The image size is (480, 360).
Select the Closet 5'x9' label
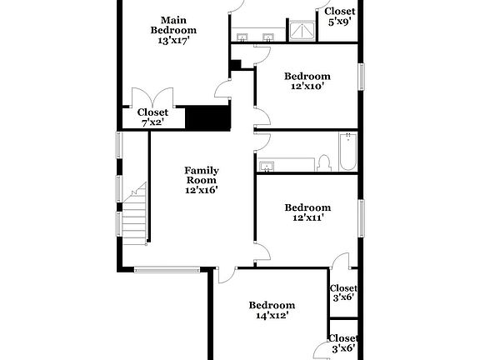coord(340,16)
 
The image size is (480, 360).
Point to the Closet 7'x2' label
coord(152,117)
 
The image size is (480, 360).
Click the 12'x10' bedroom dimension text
coord(307,86)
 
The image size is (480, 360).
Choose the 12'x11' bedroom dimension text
coord(307,217)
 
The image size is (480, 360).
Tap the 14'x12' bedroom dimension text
coord(272,316)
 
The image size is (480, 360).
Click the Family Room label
coord(201,175)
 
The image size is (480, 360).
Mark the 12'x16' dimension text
coord(201,190)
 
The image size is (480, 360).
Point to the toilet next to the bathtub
coord(324,162)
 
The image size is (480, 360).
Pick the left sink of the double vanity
coord(242,37)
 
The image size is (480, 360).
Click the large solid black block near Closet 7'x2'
coord(207,117)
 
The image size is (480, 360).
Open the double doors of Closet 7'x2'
coord(152,98)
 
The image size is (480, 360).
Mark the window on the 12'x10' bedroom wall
coord(361,77)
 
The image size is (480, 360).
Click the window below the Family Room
coord(167,268)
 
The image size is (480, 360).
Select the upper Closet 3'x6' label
coord(343,292)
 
